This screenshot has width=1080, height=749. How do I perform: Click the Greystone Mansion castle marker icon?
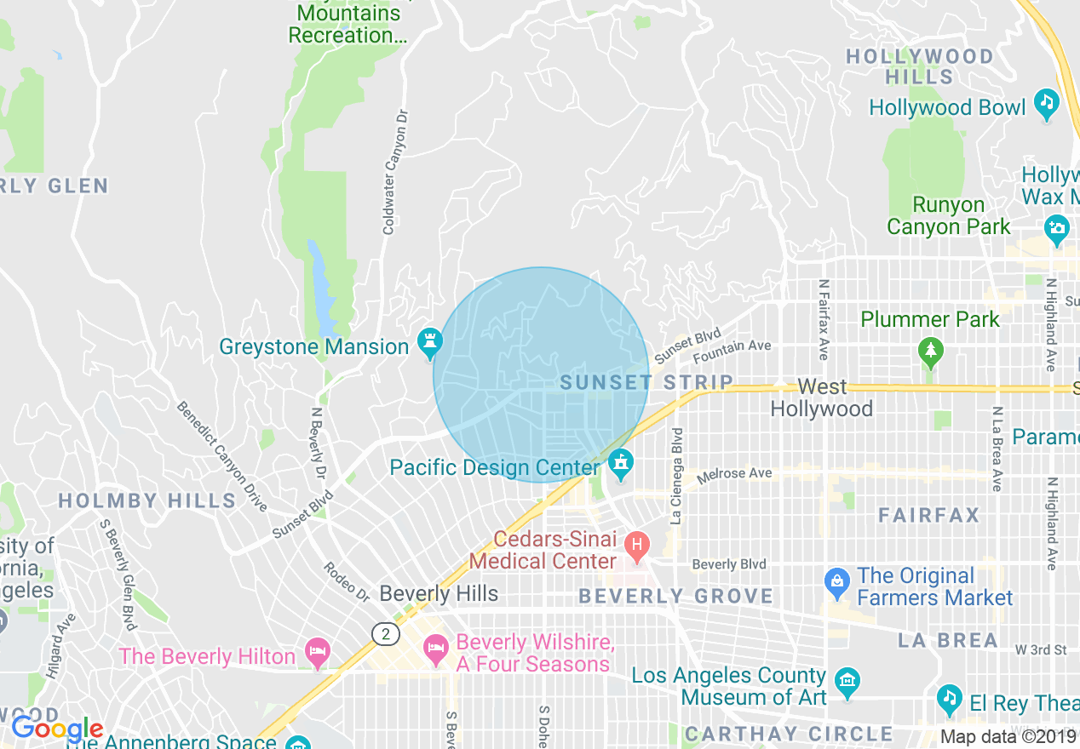[428, 345]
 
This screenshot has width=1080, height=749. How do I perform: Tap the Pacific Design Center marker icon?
[621, 465]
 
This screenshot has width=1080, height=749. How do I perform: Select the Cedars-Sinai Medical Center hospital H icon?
[635, 544]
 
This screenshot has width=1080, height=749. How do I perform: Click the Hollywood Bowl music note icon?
[1046, 105]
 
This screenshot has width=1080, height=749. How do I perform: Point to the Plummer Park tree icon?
[931, 350]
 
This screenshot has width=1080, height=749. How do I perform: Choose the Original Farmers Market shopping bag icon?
[837, 583]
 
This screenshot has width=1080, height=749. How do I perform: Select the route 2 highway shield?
[385, 633]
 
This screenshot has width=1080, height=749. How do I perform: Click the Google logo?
[56, 729]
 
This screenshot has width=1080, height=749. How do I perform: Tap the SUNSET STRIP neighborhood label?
[646, 383]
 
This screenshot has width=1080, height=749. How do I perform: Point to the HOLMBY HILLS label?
[146, 500]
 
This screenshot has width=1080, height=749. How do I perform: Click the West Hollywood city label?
[822, 397]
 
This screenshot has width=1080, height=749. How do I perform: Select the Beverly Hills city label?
[439, 593]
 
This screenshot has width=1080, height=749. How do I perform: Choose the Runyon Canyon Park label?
[948, 215]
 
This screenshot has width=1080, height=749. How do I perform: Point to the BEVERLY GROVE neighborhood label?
[675, 597]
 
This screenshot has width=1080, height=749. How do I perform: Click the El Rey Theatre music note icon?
[950, 699]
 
